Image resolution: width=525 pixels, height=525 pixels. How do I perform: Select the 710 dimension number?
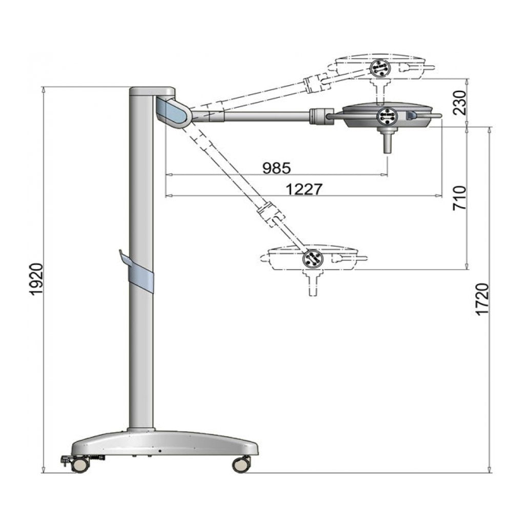(x=459, y=198)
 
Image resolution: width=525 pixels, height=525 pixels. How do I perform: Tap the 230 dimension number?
(x=459, y=102)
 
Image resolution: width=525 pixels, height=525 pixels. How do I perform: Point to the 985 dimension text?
(x=276, y=168)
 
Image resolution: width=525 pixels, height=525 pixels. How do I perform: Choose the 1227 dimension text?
(x=304, y=189)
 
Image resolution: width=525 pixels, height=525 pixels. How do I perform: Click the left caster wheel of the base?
(x=79, y=465)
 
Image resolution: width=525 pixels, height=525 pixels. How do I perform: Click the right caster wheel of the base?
(x=241, y=464)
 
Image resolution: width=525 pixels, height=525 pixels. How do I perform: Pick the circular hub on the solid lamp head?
(x=387, y=117)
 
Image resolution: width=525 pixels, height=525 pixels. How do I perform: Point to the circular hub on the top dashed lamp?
(x=380, y=67)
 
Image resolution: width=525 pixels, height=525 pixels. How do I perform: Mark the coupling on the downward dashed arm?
(x=271, y=214)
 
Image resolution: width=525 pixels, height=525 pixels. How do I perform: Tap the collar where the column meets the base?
(x=141, y=429)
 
